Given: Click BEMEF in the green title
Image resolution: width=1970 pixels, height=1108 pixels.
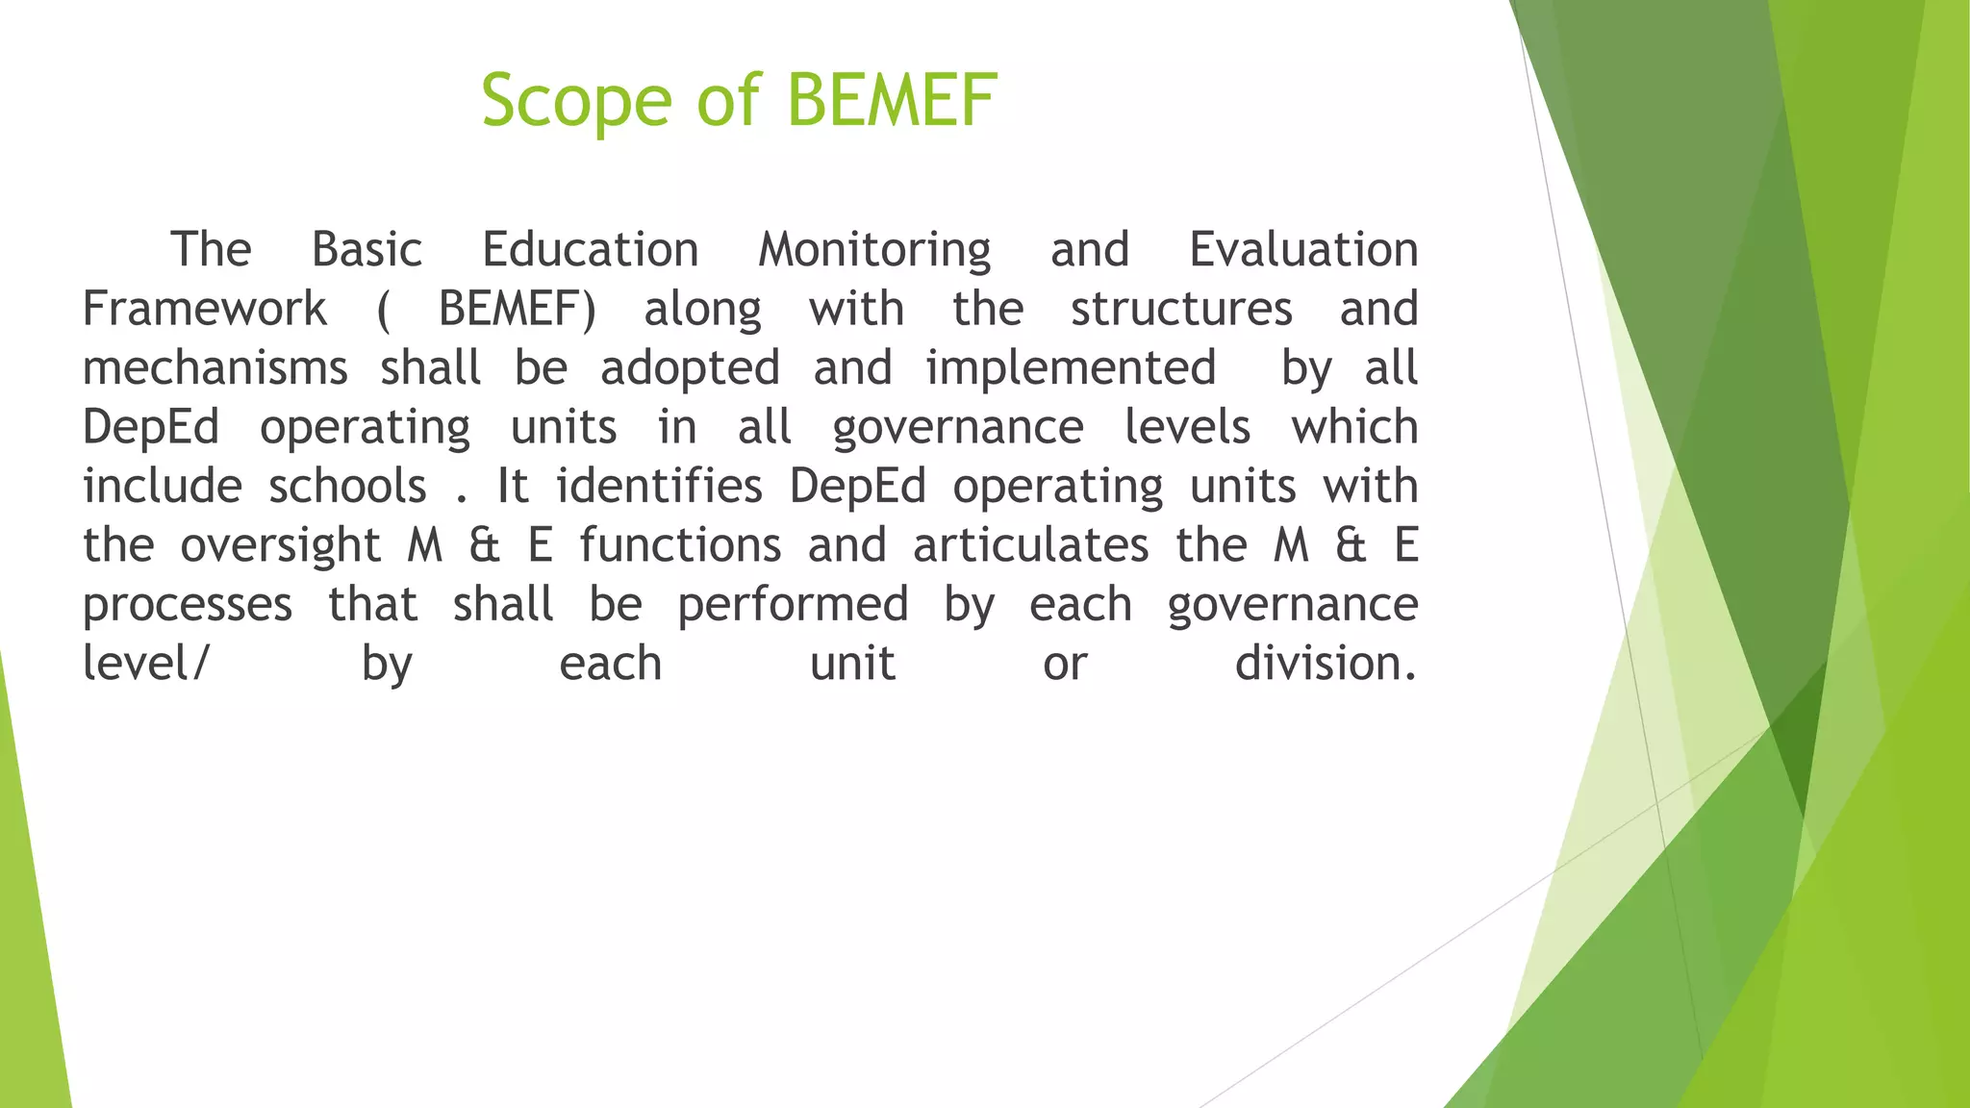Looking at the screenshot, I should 892,100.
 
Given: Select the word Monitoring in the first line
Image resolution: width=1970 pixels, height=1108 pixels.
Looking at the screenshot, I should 873,250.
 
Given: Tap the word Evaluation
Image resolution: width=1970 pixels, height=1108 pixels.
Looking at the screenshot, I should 1302,250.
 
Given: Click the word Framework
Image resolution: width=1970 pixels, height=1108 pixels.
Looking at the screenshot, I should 205,310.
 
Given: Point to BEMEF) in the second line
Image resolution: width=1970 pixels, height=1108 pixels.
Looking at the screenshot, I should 517,310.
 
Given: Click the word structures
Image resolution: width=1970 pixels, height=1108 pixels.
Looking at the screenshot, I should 1180,310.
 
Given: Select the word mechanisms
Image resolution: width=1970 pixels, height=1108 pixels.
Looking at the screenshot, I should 215,368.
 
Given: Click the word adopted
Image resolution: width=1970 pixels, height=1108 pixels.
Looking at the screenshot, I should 690,368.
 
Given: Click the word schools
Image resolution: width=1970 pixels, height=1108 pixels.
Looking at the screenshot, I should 347,487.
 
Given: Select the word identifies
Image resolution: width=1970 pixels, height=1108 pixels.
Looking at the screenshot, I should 659,487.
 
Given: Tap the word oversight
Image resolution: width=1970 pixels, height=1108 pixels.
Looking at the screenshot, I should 280,546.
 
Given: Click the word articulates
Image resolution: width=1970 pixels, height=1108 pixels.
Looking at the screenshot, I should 1030,546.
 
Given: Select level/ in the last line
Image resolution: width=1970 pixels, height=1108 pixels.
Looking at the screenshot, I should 144,664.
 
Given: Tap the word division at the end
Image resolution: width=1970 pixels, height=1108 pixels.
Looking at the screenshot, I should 1325,664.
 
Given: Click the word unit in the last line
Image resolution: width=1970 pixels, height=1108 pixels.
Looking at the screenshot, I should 852,664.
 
